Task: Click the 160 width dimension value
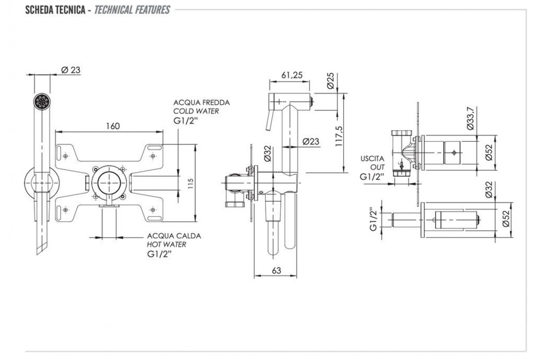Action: (113, 126)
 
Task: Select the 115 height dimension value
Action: (191, 183)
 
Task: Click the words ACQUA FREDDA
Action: (202, 103)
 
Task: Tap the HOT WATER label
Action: (166, 244)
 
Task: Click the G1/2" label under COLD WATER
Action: (186, 120)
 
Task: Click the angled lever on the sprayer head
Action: (270, 119)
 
